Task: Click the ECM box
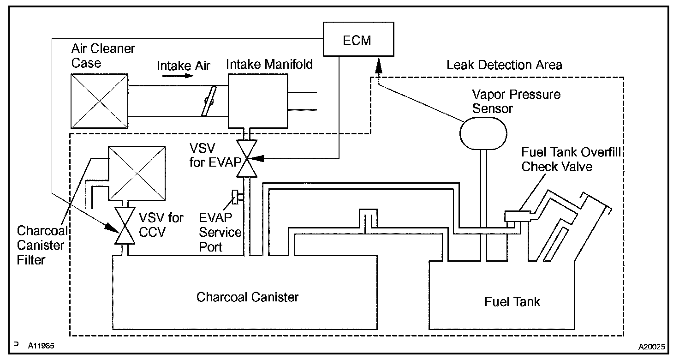[358, 39]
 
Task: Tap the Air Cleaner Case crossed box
[100, 101]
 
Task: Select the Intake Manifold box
[258, 101]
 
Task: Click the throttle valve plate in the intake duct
[209, 101]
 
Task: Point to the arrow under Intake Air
[178, 76]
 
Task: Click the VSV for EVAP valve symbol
[247, 158]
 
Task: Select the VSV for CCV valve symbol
[125, 226]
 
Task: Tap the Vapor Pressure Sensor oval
[483, 133]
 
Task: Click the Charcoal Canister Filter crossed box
[137, 174]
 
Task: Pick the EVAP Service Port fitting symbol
[237, 197]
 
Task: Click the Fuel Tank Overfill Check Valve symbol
[518, 216]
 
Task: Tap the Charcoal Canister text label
[247, 297]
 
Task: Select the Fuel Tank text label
[512, 302]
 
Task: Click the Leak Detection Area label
[504, 65]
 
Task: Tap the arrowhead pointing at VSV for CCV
[112, 228]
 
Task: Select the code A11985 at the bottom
[41, 346]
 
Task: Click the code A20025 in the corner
[652, 347]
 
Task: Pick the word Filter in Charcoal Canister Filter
[31, 260]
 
